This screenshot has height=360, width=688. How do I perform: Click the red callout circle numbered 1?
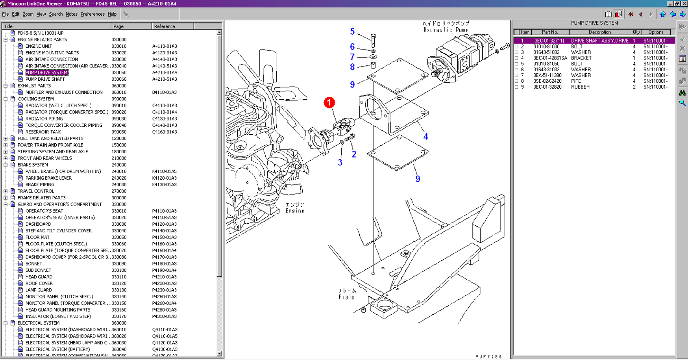329,103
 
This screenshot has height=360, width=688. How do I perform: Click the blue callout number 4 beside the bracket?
425,137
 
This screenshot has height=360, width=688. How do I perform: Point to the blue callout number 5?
352,32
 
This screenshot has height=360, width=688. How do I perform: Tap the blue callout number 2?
354,154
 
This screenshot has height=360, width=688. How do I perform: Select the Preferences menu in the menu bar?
92,14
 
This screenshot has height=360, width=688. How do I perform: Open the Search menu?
55,14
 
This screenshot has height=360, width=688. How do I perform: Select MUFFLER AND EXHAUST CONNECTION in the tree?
64,92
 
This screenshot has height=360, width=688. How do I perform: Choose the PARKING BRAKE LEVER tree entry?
48,178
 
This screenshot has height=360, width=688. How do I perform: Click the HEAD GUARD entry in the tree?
39,277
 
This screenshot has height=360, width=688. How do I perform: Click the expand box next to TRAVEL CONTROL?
6,191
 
